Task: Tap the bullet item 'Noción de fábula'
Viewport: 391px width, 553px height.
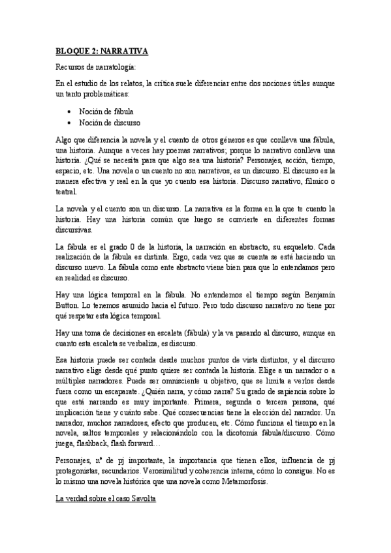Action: [106, 111]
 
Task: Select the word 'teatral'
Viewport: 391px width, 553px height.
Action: [66, 192]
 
